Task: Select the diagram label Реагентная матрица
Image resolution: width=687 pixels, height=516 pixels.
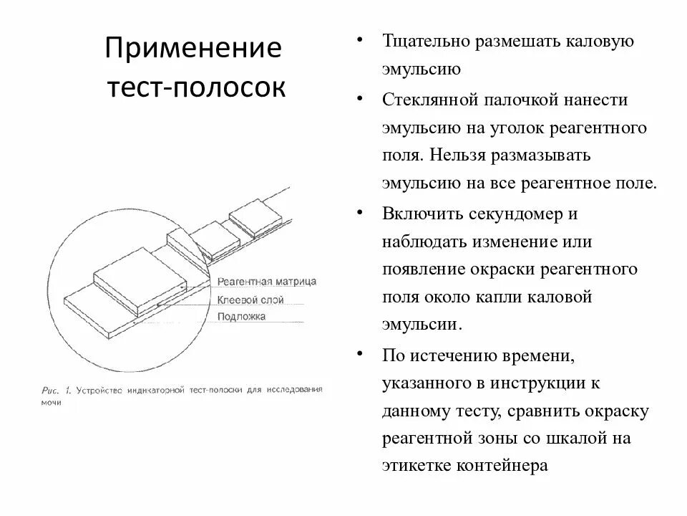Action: (265, 282)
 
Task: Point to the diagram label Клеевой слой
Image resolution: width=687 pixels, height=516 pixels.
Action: (250, 299)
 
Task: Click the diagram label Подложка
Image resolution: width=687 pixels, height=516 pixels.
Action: (241, 316)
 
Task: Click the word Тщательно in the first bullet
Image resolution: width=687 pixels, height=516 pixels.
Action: (424, 42)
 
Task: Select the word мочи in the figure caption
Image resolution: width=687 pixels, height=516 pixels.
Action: (50, 403)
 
